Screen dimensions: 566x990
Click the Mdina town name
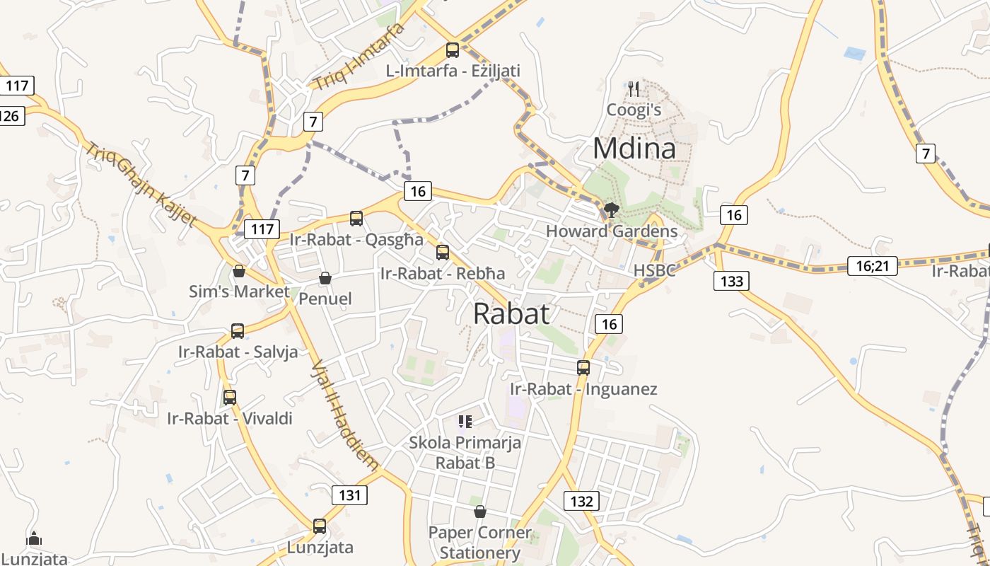point(634,149)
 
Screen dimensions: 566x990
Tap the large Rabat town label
point(511,313)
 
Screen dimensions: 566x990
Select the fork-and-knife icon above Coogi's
point(634,89)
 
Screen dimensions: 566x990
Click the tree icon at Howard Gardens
point(612,209)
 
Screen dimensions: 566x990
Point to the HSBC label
point(654,270)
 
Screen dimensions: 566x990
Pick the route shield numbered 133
point(732,281)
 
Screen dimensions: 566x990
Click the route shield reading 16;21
point(872,266)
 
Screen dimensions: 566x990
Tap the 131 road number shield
point(350,495)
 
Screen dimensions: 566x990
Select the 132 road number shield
point(581,501)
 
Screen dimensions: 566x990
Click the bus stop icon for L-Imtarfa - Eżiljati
point(453,50)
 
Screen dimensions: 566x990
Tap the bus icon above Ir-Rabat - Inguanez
point(583,367)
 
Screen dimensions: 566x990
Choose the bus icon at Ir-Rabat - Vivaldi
point(229,397)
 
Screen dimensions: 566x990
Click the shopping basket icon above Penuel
point(325,278)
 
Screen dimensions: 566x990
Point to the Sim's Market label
point(239,291)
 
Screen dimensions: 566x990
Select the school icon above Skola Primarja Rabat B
point(465,422)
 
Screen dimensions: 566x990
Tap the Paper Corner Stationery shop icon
point(480,511)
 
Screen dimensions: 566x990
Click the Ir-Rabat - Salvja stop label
point(238,352)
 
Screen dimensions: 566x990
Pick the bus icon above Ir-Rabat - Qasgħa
point(356,218)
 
